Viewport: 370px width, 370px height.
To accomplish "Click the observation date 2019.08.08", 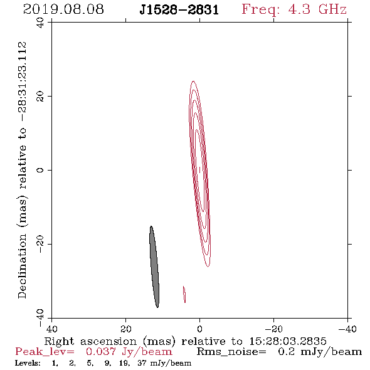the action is [63, 9].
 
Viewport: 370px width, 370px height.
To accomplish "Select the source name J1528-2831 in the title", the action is [179, 9].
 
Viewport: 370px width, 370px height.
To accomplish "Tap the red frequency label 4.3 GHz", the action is [317, 9].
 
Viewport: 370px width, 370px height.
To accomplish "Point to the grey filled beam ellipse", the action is [154, 267].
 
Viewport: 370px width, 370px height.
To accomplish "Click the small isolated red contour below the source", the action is [184, 294].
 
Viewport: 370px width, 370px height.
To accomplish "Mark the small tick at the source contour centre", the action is [199, 170].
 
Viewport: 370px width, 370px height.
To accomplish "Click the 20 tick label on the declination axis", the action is [40, 97].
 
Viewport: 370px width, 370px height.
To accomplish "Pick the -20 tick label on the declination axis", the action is [40, 244].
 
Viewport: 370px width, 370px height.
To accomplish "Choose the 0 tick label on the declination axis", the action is [40, 170].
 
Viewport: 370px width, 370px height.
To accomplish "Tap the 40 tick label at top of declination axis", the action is [40, 23].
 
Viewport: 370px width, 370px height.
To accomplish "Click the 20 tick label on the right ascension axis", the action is [126, 329].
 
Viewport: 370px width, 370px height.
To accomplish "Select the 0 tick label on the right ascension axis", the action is [199, 329].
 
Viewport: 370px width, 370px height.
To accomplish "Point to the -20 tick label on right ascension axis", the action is [273, 329].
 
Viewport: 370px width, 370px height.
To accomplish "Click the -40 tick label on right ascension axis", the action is [347, 329].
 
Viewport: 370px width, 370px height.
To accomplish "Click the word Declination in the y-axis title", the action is [22, 267].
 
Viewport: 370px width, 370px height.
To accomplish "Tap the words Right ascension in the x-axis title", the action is [90, 341].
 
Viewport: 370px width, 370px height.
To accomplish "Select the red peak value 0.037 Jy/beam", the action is [129, 352].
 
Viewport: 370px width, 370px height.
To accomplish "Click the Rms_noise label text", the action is [231, 352].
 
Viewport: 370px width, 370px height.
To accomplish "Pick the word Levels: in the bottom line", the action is [28, 363].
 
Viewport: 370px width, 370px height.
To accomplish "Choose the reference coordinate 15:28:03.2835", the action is [288, 341].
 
